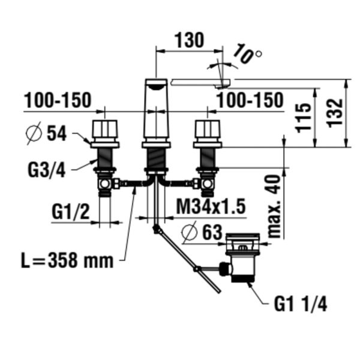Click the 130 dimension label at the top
tap(189, 40)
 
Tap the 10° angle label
tap(247, 53)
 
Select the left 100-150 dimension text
tap(58, 100)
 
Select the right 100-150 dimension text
tap(250, 100)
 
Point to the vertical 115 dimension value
tap(304, 118)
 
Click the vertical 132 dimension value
tap(335, 113)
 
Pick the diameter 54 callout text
tap(46, 133)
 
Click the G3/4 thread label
tap(47, 170)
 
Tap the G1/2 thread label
tap(70, 212)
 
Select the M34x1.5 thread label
tap(211, 206)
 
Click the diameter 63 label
tap(202, 232)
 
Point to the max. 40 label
tap(274, 206)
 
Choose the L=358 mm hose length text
tap(67, 261)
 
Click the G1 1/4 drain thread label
tap(301, 304)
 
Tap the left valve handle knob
tap(104, 129)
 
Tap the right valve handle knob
tap(208, 129)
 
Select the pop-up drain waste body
tap(243, 257)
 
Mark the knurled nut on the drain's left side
tap(226, 269)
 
